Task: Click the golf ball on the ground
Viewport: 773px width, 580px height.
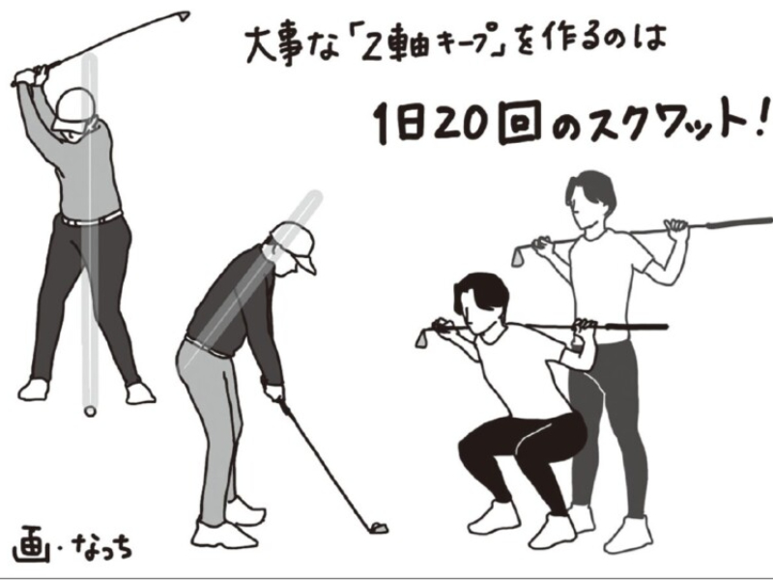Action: pos(90,411)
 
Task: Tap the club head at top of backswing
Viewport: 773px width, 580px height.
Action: pos(183,15)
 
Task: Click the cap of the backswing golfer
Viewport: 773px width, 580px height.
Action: pos(74,108)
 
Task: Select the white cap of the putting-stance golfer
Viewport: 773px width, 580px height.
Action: pos(296,246)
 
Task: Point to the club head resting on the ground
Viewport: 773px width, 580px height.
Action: pos(378,528)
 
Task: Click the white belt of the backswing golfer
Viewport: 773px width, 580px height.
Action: pos(91,218)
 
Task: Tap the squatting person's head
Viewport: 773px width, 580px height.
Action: pos(479,301)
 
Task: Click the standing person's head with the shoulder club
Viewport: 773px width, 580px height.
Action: pos(590,198)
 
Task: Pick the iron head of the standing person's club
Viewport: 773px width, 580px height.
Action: pos(519,255)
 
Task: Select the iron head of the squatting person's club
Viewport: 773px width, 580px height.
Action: pos(424,337)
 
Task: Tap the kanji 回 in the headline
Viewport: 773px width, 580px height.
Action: pos(519,123)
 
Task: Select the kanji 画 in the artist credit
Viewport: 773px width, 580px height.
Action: pos(31,544)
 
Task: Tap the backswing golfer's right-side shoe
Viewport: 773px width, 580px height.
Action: pos(140,393)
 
